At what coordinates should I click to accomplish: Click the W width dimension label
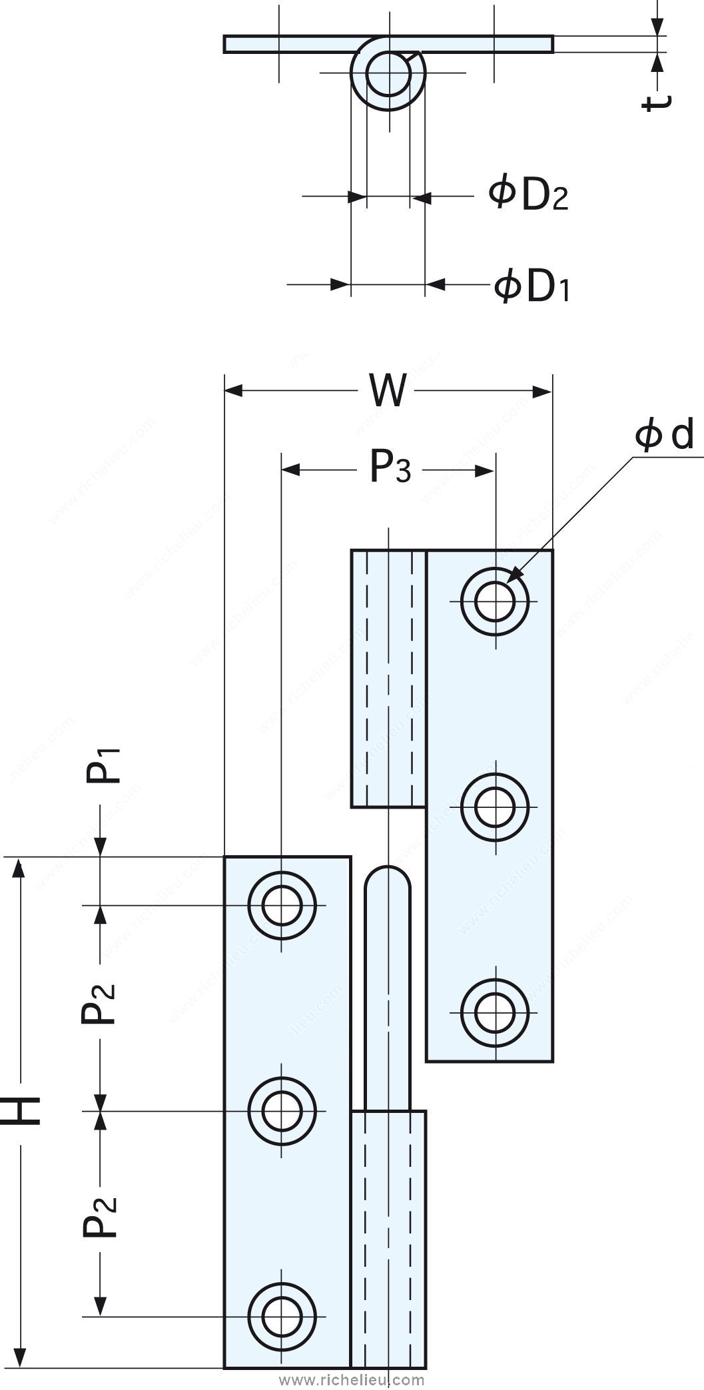388,392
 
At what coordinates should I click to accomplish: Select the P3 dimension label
390,469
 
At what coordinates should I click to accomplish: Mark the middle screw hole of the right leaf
495,806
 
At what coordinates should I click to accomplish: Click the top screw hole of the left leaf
281,904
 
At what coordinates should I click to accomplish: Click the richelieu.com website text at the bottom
352,1379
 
